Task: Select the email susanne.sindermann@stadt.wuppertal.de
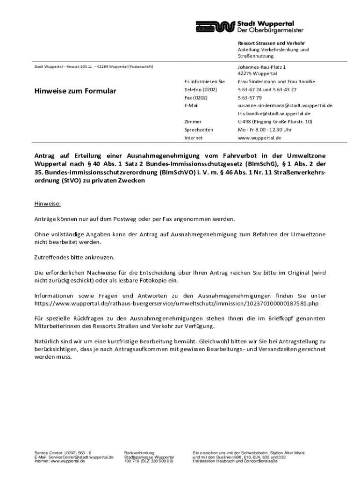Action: pyautogui.click(x=285, y=106)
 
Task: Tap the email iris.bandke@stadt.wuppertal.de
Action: pyautogui.click(x=274, y=114)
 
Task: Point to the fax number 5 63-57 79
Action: pyautogui.click(x=250, y=98)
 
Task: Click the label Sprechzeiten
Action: pyautogui.click(x=199, y=130)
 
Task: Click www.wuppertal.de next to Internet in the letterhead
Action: pyautogui.click(x=259, y=138)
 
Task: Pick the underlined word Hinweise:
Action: pyautogui.click(x=48, y=204)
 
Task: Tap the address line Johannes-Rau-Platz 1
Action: pyautogui.click(x=261, y=67)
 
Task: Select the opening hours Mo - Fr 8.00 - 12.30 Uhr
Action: pyautogui.click(x=265, y=130)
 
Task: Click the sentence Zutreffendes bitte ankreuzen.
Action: pyautogui.click(x=74, y=257)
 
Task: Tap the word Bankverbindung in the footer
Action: pyautogui.click(x=139, y=453)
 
